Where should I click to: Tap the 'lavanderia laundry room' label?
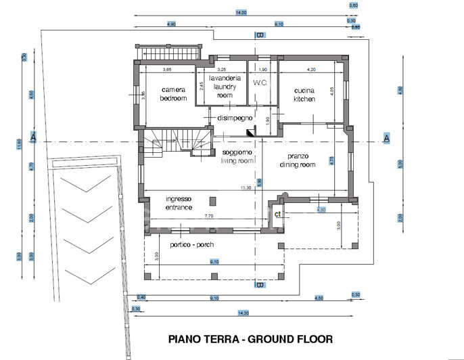[224, 87]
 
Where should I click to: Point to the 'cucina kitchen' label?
[304, 95]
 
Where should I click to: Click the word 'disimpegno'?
[235, 118]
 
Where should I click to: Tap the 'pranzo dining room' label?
[298, 160]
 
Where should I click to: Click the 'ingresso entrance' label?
[179, 203]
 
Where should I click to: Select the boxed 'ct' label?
[277, 214]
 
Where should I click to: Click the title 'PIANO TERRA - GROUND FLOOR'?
[250, 338]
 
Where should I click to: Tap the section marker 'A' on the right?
[387, 139]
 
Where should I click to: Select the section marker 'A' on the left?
[32, 138]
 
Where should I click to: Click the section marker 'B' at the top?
[259, 35]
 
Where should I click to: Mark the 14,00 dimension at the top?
[241, 12]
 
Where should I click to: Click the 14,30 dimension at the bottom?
[242, 313]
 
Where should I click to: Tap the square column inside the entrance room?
[214, 201]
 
